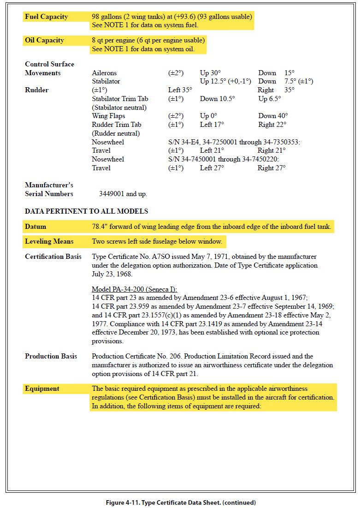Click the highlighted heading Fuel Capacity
tap(46, 17)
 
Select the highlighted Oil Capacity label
tap(44, 41)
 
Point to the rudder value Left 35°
tap(180, 90)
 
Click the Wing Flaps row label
tap(108, 116)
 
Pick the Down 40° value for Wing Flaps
tap(273, 116)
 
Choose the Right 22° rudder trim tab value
tap(271, 125)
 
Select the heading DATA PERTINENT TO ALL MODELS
tap(86, 211)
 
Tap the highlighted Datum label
tap(35, 227)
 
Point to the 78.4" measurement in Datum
tap(101, 227)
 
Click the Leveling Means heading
tap(48, 241)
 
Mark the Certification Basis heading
tap(53, 257)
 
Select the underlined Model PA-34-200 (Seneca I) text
tap(134, 289)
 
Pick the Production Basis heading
tap(51, 356)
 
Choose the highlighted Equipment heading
tap(42, 388)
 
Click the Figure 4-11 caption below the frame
tap(180, 502)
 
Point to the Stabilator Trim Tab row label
tap(120, 99)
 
